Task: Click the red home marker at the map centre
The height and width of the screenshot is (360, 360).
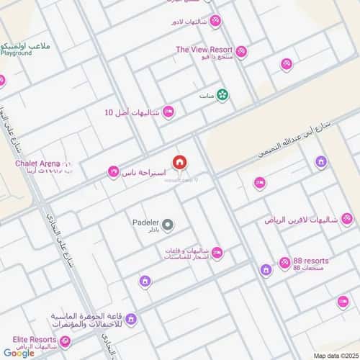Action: coord(179,162)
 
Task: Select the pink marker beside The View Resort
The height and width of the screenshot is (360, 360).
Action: coord(241,51)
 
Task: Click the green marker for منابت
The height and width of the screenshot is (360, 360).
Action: coord(223,94)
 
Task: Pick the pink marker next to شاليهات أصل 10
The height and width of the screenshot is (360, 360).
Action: coord(168,112)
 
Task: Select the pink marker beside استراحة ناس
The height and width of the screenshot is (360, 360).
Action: coord(113,172)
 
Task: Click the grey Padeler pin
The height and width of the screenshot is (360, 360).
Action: coord(168,225)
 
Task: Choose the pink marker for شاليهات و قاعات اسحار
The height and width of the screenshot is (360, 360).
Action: coord(217,252)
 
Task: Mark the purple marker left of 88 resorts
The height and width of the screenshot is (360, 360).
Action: coord(266,270)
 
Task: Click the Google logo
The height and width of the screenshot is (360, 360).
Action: coord(18,353)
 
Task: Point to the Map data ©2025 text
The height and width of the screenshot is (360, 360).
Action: coord(333,356)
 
